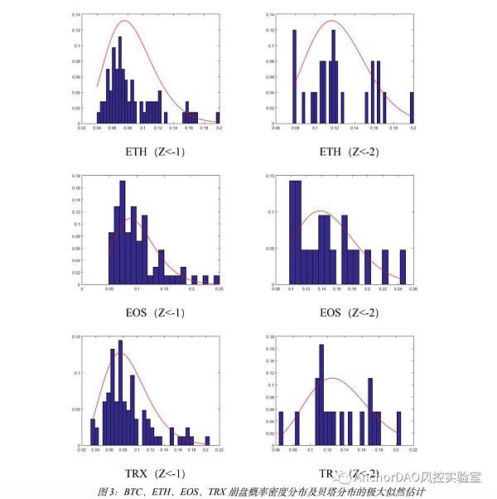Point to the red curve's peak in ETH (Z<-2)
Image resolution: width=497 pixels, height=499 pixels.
pos(331,21)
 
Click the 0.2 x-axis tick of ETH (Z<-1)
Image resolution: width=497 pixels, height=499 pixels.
pos(219,129)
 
